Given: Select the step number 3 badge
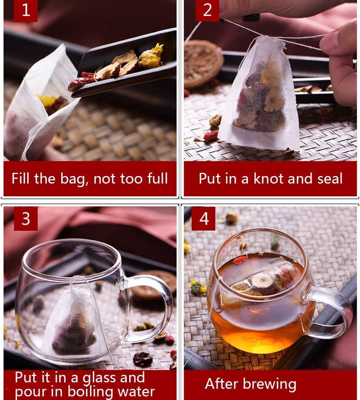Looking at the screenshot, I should click(x=26, y=219).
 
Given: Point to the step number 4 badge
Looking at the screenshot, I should click(x=204, y=219).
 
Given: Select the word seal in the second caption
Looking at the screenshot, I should click(x=328, y=178).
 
